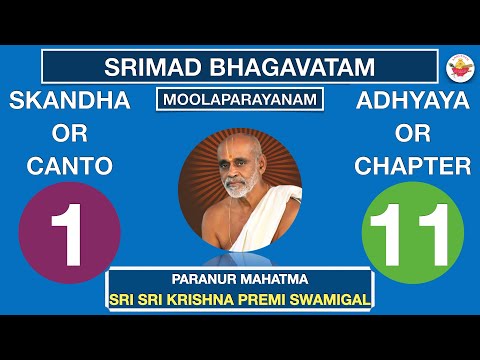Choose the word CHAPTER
(412, 167)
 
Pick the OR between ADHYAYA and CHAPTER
(412, 134)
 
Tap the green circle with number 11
(412, 233)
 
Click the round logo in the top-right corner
(457, 67)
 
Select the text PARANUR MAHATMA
(240, 281)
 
